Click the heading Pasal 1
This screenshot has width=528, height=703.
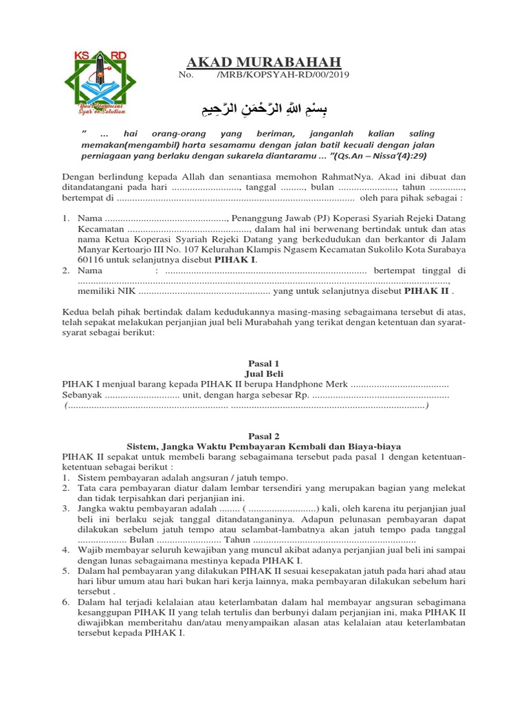(263, 363)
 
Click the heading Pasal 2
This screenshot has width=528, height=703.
(263, 435)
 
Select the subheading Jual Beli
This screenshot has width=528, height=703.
(263, 374)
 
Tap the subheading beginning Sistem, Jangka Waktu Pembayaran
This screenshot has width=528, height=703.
(263, 446)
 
